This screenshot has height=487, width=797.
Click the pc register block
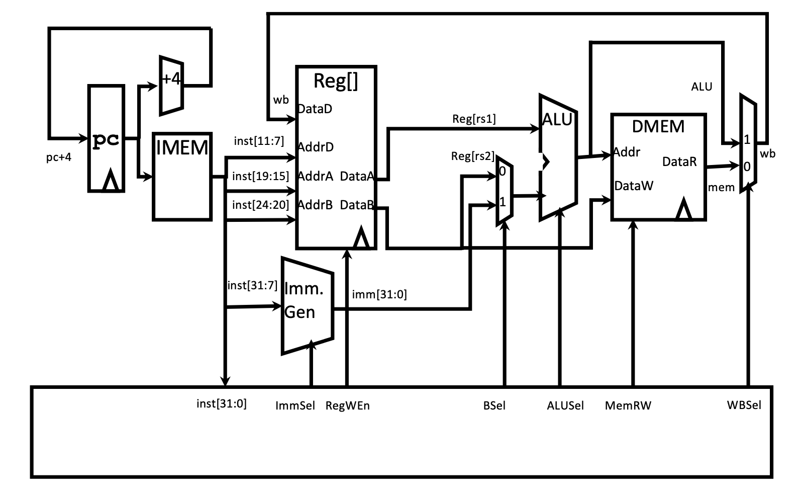coord(106,139)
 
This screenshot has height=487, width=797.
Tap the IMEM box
coord(182,176)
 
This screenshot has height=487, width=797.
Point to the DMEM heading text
coord(658,126)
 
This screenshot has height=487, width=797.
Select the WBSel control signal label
coord(744,405)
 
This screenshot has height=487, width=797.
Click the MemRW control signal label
coord(628,405)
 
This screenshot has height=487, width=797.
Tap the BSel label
coord(494,405)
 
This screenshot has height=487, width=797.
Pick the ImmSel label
coord(295,405)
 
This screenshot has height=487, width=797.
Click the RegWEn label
coord(347,405)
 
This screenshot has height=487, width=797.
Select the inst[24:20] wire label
coord(260,205)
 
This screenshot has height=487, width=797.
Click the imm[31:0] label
coord(379,294)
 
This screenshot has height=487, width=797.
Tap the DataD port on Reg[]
coord(315,109)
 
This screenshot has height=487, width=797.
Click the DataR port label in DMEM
coord(679,161)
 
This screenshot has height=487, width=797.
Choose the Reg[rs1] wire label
coord(474,119)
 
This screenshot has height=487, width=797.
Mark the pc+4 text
coord(58,157)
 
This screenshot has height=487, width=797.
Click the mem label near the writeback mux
coord(721,188)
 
